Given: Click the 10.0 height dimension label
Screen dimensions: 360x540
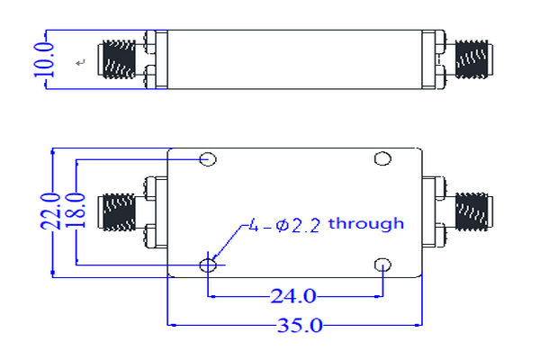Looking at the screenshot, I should [x=51, y=60].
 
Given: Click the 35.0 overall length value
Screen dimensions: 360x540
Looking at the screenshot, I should [x=295, y=326].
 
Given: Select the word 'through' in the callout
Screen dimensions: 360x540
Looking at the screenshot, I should [x=366, y=223].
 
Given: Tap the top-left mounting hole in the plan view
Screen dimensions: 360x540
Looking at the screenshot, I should [x=208, y=160].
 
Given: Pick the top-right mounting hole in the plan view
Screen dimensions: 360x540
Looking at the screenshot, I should [x=382, y=160].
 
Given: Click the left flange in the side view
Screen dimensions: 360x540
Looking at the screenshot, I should [x=154, y=60].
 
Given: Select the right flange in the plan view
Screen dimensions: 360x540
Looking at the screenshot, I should [x=436, y=211].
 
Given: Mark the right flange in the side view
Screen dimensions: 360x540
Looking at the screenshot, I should [x=436, y=60].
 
